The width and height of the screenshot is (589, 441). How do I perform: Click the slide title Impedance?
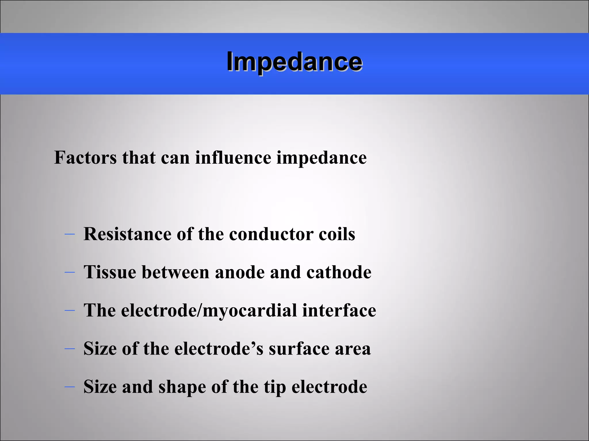tap(294, 62)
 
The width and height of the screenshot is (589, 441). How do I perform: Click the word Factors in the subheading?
tap(85, 158)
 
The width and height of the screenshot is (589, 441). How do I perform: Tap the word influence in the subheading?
tap(233, 158)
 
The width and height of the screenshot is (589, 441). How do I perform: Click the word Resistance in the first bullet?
tap(127, 234)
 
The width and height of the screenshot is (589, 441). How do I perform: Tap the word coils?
tap(337, 234)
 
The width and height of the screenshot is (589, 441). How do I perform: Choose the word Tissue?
tap(110, 272)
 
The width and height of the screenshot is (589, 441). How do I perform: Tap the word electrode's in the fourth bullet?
tap(219, 349)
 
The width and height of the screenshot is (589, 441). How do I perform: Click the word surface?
tap(299, 349)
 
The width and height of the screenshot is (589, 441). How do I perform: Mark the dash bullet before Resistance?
tap(70, 234)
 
